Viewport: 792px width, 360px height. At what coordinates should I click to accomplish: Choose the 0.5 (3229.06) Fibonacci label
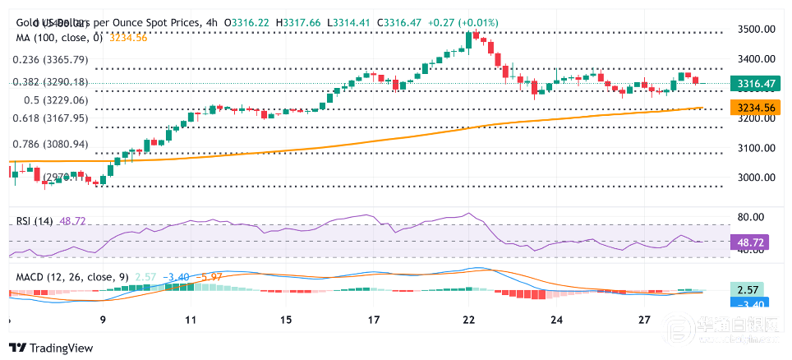[x=57, y=100]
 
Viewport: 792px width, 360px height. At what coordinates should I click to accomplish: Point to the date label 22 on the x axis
[x=468, y=320]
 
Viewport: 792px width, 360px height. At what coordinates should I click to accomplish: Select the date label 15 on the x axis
[x=285, y=320]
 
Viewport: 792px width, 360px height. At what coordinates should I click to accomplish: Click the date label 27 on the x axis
[x=645, y=320]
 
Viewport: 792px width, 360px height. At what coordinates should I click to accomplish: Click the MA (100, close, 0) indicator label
[x=58, y=37]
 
